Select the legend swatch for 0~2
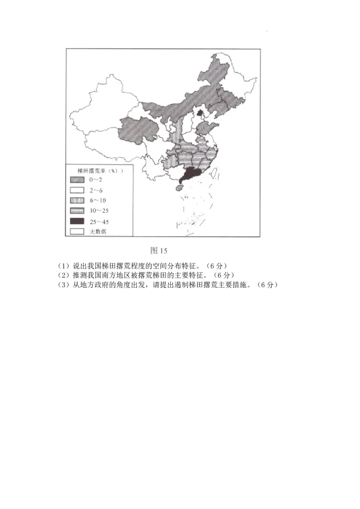point(77,179)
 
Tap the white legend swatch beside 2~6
point(77,190)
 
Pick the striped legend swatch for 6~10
point(77,200)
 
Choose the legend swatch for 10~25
point(77,210)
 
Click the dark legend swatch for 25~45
point(77,221)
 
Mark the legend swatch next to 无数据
point(77,231)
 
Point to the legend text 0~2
point(95,179)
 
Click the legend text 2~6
point(95,190)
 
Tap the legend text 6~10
point(97,200)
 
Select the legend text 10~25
point(99,210)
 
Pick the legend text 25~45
point(99,221)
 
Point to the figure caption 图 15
point(158,250)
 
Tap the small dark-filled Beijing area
point(200,111)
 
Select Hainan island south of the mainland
point(178,189)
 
